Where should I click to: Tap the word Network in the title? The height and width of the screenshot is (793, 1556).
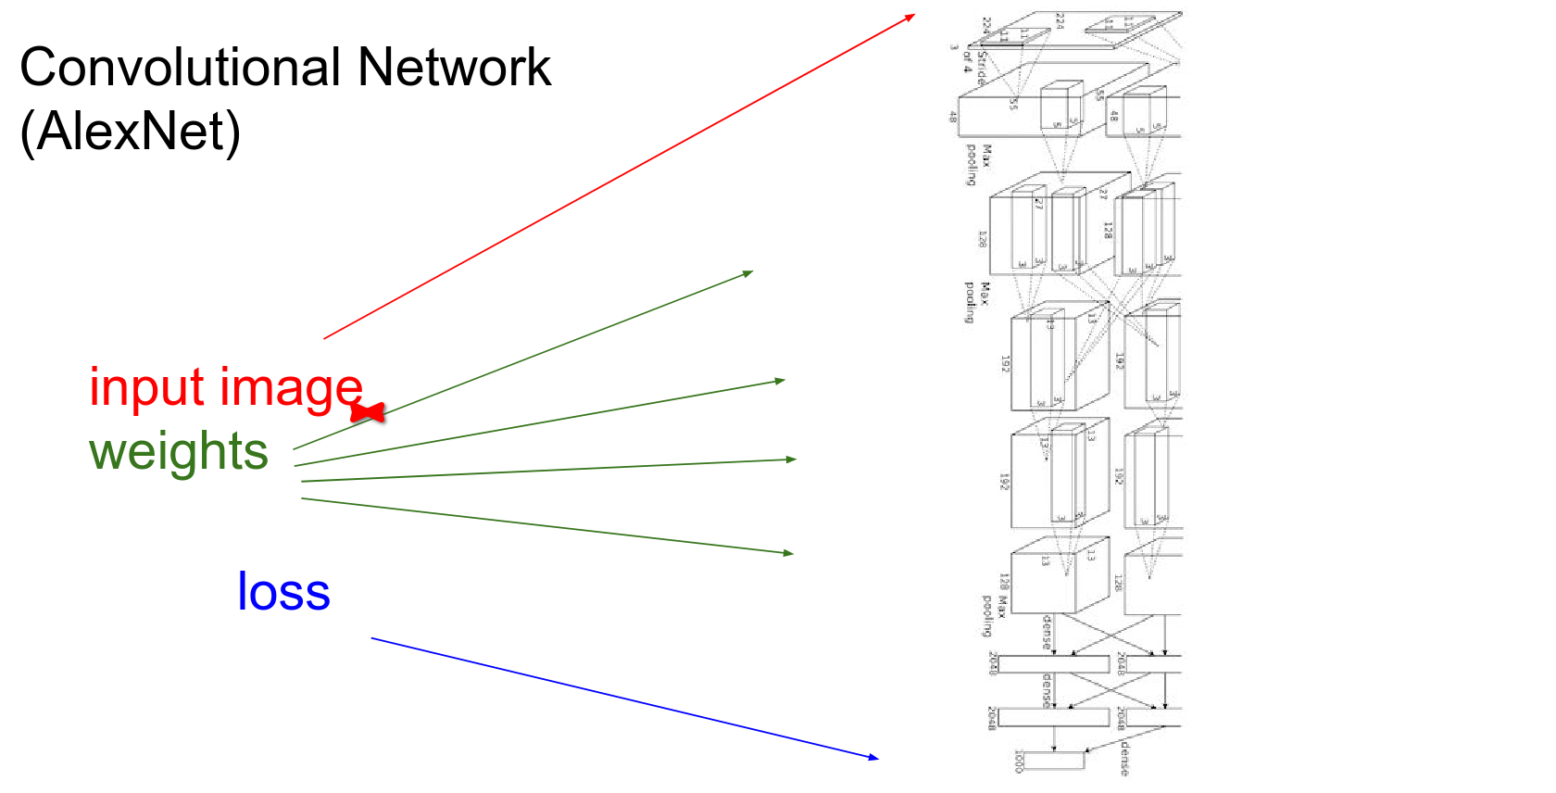(x=454, y=68)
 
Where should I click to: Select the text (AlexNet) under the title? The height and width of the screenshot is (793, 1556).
(x=130, y=131)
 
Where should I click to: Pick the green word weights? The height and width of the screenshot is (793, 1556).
(x=179, y=452)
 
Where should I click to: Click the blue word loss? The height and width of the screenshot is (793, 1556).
(x=283, y=591)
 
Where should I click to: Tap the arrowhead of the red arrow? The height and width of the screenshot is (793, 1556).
(x=912, y=16)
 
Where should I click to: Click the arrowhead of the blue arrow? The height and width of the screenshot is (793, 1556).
(x=875, y=758)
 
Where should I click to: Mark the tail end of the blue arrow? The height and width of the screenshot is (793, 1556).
(x=372, y=638)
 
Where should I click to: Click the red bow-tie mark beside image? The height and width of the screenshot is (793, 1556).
(x=368, y=412)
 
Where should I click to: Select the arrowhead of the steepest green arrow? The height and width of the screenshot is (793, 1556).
(x=750, y=272)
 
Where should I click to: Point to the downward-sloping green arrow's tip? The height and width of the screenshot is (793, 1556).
(x=791, y=553)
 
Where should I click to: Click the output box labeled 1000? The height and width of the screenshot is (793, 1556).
(x=1055, y=761)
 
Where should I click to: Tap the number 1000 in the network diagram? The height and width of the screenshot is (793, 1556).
(x=1019, y=761)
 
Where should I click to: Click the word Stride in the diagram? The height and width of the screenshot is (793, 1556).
(x=982, y=68)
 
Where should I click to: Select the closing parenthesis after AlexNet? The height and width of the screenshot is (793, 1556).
(x=232, y=132)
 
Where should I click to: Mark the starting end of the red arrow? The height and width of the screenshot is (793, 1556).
(x=324, y=338)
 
